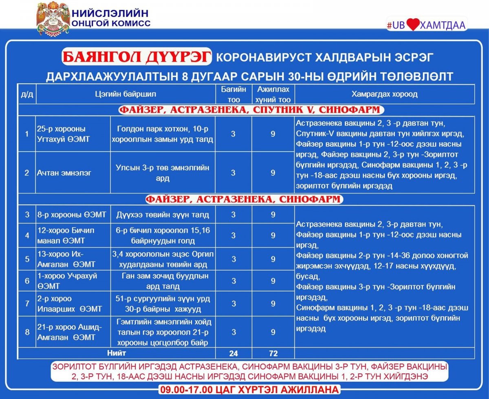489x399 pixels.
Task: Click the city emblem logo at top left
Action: [53, 19]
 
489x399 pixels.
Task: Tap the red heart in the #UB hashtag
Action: [412, 25]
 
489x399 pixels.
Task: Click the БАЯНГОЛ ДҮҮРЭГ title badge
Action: [137, 57]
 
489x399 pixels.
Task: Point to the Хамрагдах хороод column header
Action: [384, 94]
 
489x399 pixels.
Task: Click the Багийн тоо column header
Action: [233, 94]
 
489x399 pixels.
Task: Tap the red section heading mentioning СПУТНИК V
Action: [251, 110]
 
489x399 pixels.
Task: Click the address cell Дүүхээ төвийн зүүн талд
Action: [162, 215]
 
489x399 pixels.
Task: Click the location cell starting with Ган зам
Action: [163, 281]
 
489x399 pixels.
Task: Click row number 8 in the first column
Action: [27, 332]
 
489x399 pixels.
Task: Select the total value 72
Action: [273, 353]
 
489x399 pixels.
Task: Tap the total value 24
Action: [233, 353]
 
